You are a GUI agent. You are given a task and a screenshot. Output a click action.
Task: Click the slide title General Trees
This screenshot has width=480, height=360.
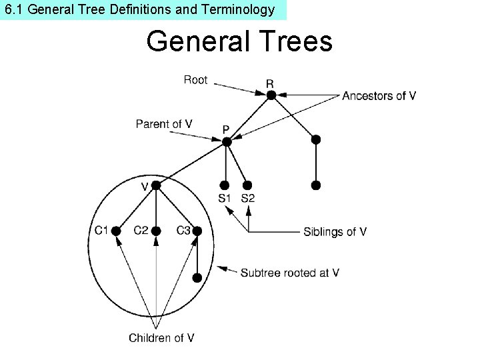pos(239,41)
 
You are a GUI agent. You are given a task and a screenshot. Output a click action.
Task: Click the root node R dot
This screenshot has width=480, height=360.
pos(271,95)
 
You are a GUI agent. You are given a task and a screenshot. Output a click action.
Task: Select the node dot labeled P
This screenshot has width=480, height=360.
pos(227,141)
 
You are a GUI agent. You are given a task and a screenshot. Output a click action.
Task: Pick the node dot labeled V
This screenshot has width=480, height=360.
pos(155,186)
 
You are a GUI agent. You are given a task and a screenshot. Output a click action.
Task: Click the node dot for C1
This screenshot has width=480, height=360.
pos(115,231)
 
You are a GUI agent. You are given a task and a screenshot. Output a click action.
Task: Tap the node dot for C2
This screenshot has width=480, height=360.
pos(156,231)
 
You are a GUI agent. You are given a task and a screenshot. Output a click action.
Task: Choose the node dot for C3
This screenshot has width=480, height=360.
pos(197,231)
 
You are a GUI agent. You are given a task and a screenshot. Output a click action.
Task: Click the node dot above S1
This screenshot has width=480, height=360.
pos(225,185)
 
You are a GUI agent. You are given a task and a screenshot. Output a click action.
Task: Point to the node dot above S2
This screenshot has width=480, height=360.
pos(247,185)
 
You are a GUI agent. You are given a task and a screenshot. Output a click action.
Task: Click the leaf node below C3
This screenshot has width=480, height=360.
pos(197,277)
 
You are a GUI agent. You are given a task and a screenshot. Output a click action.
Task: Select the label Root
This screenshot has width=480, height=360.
pos(195,80)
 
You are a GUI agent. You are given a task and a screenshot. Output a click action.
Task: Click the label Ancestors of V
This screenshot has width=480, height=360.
pos(379,96)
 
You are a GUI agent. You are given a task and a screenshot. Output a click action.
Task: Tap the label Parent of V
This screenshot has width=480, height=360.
pos(164,124)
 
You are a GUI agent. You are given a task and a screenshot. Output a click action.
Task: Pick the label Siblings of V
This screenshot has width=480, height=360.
pos(335,232)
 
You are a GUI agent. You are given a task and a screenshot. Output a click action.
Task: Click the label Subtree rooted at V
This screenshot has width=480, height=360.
pos(290,273)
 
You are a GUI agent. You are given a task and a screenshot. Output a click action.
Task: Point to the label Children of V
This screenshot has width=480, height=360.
pos(162,338)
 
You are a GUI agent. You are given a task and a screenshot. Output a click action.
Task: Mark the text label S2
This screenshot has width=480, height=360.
pos(247,198)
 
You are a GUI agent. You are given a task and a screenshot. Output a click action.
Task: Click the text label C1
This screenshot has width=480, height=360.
pos(101,231)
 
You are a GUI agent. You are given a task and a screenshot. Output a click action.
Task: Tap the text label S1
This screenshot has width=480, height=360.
pos(225,198)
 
